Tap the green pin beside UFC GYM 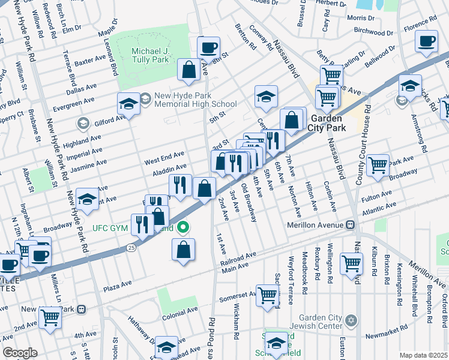pyautogui.click(x=185, y=227)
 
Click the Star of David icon pyautogui.click(x=352, y=319)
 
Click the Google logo pyautogui.click(x=20, y=352)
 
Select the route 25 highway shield pyautogui.click(x=131, y=247)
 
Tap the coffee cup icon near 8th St pyautogui.click(x=209, y=47)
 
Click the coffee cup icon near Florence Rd pyautogui.click(x=426, y=41)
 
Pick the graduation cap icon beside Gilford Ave pyautogui.click(x=128, y=104)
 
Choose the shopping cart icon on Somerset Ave pyautogui.click(x=268, y=295)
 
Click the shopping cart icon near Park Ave pyautogui.click(x=378, y=164)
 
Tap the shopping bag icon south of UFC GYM pyautogui.click(x=184, y=249)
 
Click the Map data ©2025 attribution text pyautogui.click(x=424, y=355)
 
